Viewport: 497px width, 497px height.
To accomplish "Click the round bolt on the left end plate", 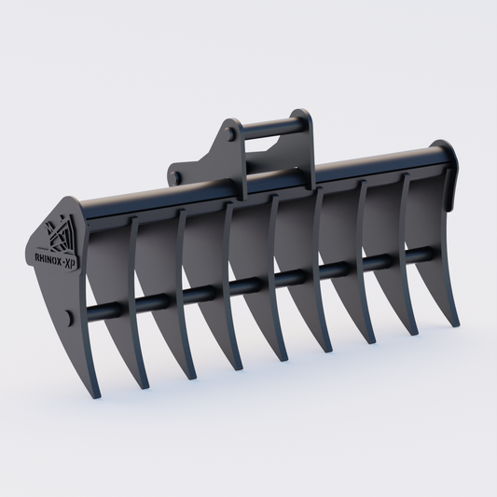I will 71,315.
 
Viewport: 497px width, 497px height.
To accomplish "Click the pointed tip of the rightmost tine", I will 456,324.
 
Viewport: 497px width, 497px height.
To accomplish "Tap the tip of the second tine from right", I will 411,332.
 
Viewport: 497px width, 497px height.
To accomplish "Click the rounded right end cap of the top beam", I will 447,150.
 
